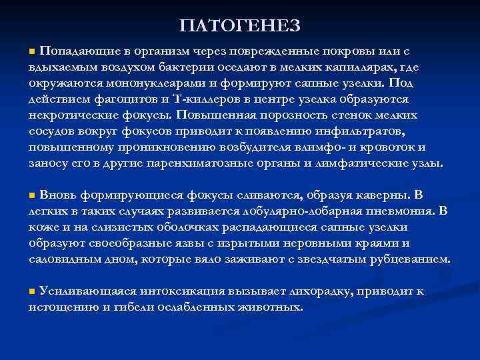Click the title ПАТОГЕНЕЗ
pos(240,25)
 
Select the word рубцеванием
pos(409,259)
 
